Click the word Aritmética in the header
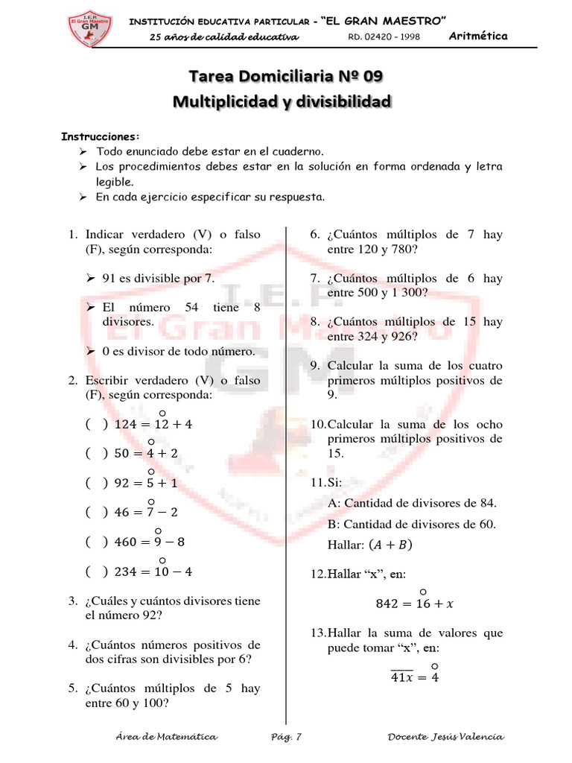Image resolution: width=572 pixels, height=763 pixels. pyautogui.click(x=479, y=36)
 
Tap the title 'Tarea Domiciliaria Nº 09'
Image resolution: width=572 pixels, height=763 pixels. pyautogui.click(x=286, y=76)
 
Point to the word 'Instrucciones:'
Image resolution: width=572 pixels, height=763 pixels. pyautogui.click(x=100, y=137)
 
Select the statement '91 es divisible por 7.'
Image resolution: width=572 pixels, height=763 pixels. pyautogui.click(x=158, y=278)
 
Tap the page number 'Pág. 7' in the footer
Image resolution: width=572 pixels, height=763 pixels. pyautogui.click(x=286, y=737)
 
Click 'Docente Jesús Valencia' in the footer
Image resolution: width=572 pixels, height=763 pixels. pyautogui.click(x=445, y=737)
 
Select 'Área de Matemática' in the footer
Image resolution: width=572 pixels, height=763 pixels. pyautogui.click(x=167, y=737)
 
